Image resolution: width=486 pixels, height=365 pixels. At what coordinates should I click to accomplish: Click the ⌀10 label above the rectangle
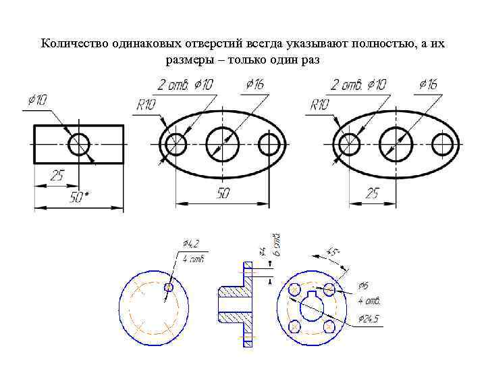(x=37, y=100)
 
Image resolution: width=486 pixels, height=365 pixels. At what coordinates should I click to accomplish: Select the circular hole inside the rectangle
(x=79, y=144)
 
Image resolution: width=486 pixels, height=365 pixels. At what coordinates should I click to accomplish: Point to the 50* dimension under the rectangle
(x=80, y=197)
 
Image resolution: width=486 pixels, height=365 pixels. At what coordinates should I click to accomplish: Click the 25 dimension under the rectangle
(x=57, y=176)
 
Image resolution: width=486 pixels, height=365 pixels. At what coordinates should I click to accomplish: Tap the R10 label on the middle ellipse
(x=146, y=105)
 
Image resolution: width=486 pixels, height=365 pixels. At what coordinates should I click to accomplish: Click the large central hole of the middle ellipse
(x=223, y=144)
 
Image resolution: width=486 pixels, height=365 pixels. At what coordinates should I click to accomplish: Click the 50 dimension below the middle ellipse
(x=223, y=193)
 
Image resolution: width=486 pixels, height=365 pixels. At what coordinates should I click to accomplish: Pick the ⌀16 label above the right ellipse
(x=427, y=84)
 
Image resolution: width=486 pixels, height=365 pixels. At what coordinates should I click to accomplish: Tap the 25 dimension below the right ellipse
(x=372, y=193)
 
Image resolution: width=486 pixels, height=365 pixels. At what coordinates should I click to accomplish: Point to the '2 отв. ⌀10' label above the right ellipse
(x=358, y=84)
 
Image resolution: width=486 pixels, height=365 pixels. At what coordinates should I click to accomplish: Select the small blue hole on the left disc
(x=169, y=287)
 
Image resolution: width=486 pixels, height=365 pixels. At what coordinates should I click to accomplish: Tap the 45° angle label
(x=333, y=251)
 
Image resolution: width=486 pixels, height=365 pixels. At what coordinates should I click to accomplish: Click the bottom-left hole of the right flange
(x=294, y=326)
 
